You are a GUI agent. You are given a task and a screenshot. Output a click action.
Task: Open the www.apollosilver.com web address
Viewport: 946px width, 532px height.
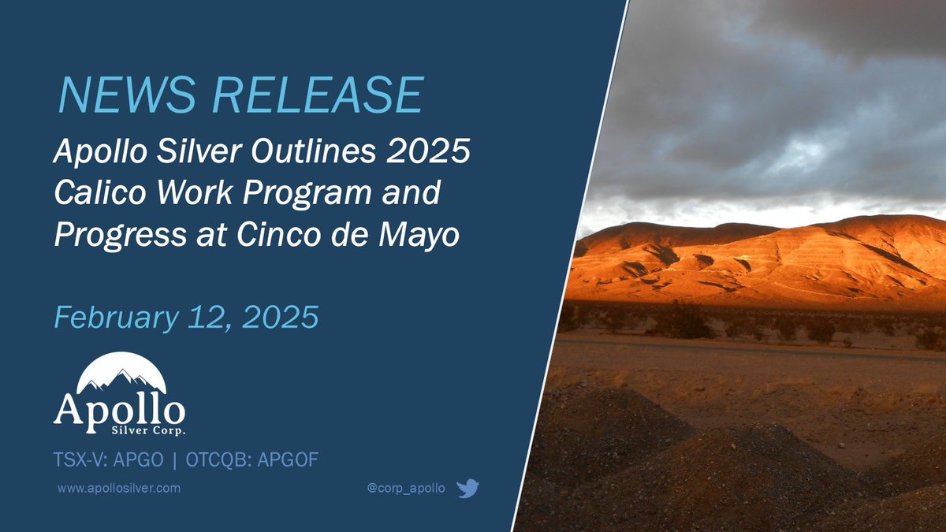pos(119,489)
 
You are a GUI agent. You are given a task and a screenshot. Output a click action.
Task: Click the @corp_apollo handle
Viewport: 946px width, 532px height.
pos(406,489)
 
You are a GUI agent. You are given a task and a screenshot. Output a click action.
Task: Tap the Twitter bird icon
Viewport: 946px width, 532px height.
pos(467,489)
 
